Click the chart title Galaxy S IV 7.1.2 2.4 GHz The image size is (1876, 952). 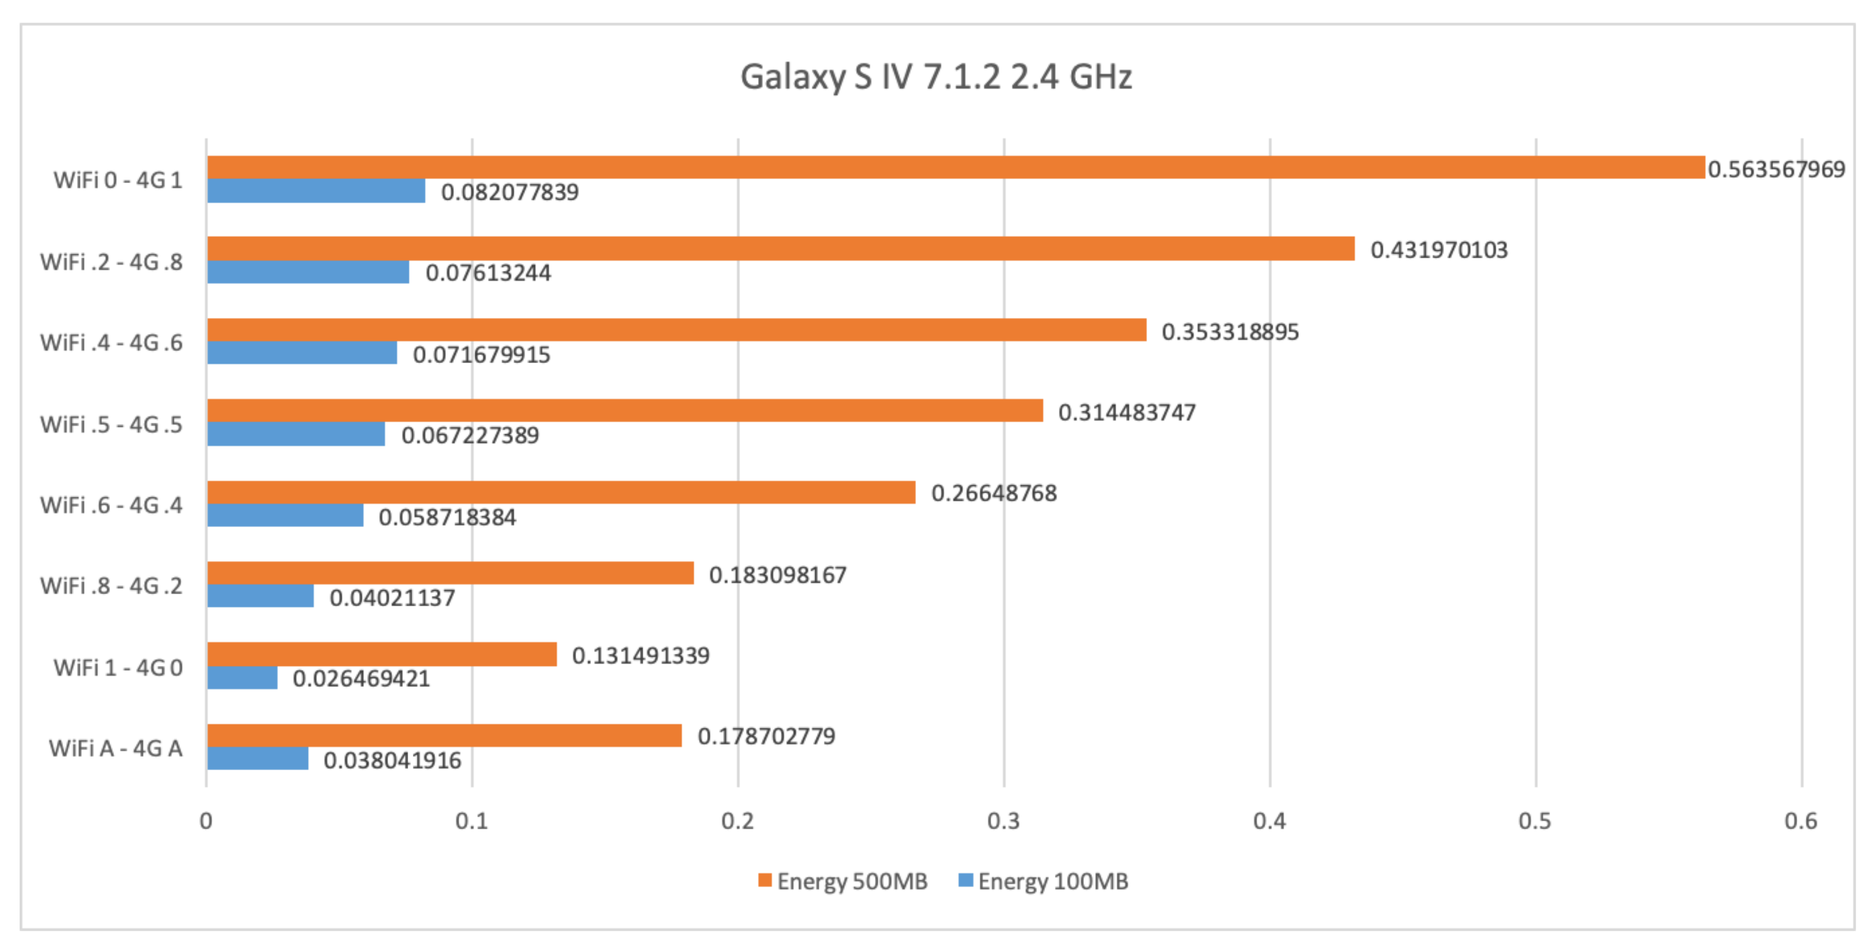(x=936, y=76)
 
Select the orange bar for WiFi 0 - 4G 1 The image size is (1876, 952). (x=955, y=167)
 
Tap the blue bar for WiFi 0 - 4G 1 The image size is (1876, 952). (x=316, y=191)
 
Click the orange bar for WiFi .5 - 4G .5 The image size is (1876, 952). (x=625, y=411)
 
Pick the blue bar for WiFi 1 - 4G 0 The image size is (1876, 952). (x=243, y=678)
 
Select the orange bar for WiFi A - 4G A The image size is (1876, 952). (x=444, y=735)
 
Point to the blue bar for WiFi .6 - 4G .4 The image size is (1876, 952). (x=285, y=515)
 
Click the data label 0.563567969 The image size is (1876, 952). (x=1776, y=169)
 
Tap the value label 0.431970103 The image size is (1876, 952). (x=1439, y=250)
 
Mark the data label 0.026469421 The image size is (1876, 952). (x=361, y=678)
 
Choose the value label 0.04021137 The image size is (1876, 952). (x=392, y=597)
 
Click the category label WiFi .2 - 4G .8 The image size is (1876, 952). (x=111, y=262)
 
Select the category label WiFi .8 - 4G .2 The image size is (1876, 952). (x=111, y=585)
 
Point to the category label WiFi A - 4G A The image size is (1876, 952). (x=116, y=748)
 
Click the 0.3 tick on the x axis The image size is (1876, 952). (x=1003, y=821)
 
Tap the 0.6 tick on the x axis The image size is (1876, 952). (x=1801, y=821)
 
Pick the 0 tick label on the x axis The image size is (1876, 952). (x=206, y=821)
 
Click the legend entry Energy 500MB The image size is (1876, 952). (x=843, y=881)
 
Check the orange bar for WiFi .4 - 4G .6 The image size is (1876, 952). (x=676, y=330)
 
